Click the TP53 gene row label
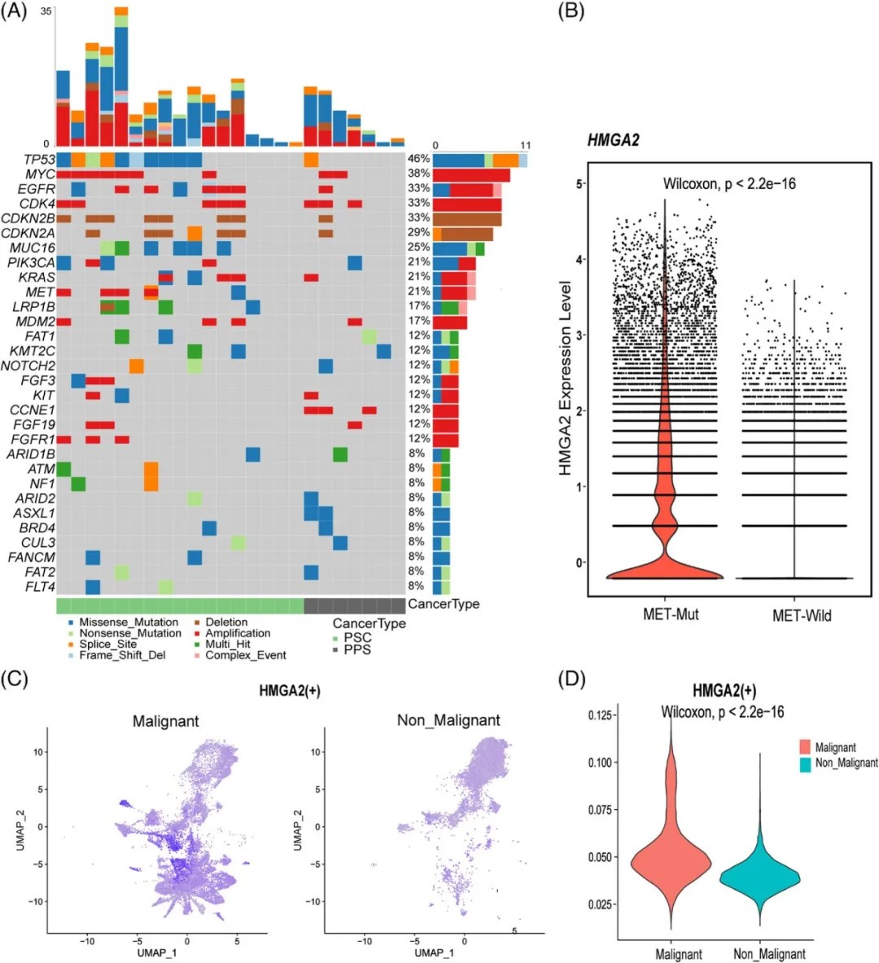coord(39,160)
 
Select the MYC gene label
coord(40,174)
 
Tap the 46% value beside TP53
coord(418,160)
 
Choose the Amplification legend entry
coord(238,633)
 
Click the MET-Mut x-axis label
coord(671,614)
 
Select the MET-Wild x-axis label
coord(802,615)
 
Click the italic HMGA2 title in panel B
coord(614,140)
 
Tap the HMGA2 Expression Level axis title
coord(566,379)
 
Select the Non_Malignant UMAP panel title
coord(448,720)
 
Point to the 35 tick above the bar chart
coord(46,11)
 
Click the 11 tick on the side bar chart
coord(525,146)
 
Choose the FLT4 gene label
coord(40,586)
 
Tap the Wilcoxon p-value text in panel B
coord(729,183)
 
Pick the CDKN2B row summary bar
coord(467,219)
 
